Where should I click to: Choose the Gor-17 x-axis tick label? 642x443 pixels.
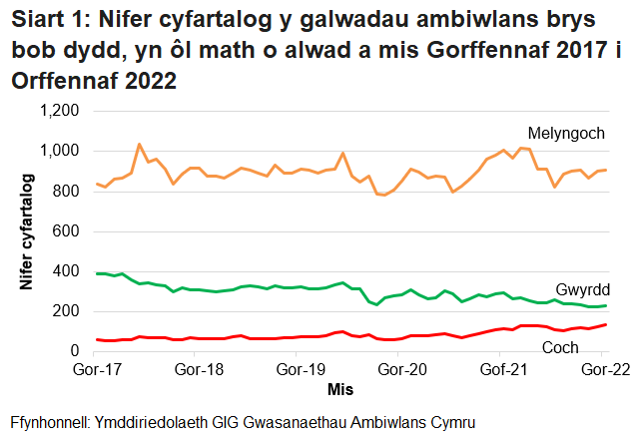[x=97, y=370]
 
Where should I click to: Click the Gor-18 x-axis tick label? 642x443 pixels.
[x=199, y=370]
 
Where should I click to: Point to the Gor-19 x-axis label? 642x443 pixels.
[x=300, y=370]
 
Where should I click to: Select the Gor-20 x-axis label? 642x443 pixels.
[x=400, y=370]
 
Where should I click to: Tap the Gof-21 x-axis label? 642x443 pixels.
[x=502, y=370]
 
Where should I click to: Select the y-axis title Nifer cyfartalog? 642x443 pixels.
[x=29, y=231]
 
